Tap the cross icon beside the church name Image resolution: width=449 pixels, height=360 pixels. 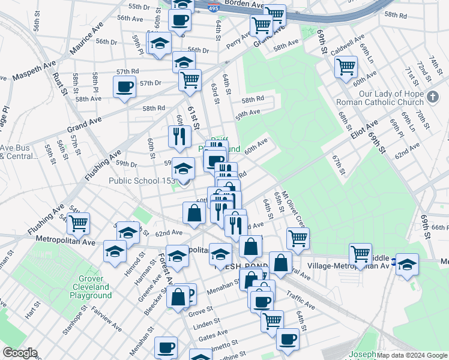coord(433,96)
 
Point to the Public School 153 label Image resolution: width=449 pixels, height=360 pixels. coord(142,181)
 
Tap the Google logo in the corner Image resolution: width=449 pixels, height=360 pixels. coord(19,353)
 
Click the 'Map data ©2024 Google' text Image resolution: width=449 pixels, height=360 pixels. coord(412,355)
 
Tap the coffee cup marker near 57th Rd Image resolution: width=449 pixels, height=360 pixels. coord(124,87)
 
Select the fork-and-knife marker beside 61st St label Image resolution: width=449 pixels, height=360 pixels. coord(178,136)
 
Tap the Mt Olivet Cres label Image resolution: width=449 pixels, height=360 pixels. coord(294,209)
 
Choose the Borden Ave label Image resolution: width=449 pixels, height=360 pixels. coord(244,4)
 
